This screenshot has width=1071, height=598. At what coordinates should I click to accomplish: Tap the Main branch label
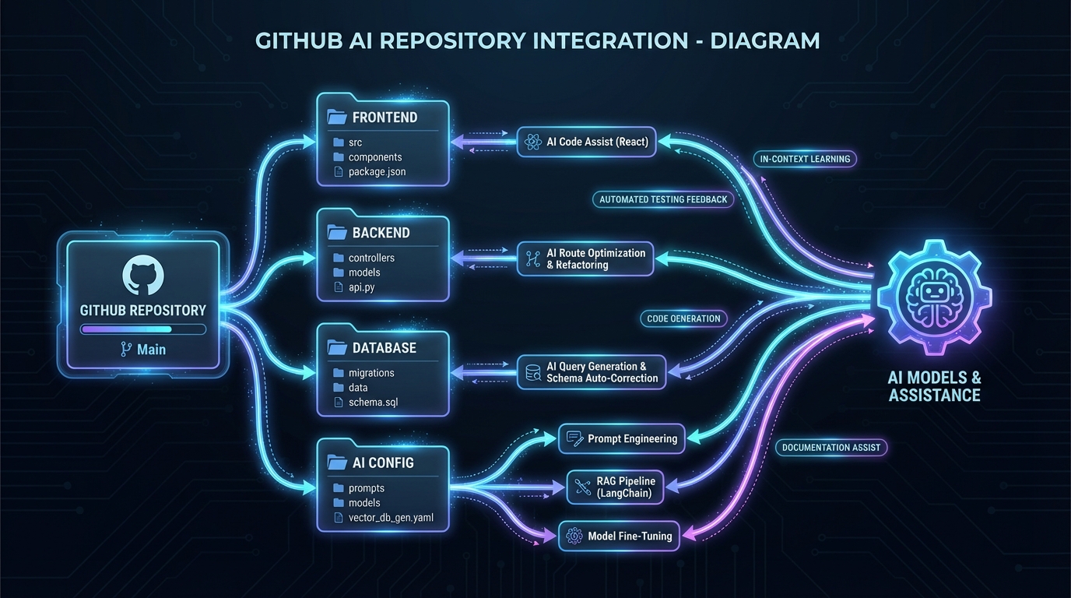[x=143, y=350]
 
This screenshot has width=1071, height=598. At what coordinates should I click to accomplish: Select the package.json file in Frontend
[x=376, y=171]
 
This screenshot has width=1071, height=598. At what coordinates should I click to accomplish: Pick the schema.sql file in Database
[x=373, y=402]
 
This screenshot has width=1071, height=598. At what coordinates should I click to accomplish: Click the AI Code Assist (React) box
[x=586, y=142]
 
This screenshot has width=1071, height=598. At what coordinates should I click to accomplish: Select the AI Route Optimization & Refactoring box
[x=585, y=259]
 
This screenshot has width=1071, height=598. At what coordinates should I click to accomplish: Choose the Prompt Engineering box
[x=622, y=438]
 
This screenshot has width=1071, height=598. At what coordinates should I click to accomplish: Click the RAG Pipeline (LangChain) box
[x=616, y=487]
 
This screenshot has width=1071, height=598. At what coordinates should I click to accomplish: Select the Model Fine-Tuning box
[x=620, y=536]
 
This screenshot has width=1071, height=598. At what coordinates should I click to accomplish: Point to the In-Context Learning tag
[x=805, y=159]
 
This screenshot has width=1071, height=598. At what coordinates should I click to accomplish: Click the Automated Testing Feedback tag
[x=663, y=199]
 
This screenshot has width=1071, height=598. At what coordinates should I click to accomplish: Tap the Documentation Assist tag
[x=831, y=448]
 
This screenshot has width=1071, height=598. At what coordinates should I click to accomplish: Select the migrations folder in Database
[x=370, y=373]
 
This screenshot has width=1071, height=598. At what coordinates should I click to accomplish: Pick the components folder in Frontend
[x=374, y=157]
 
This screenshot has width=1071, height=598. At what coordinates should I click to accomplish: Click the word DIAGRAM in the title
[x=764, y=40]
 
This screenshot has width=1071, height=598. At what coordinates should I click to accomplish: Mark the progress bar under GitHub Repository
[x=143, y=329]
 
